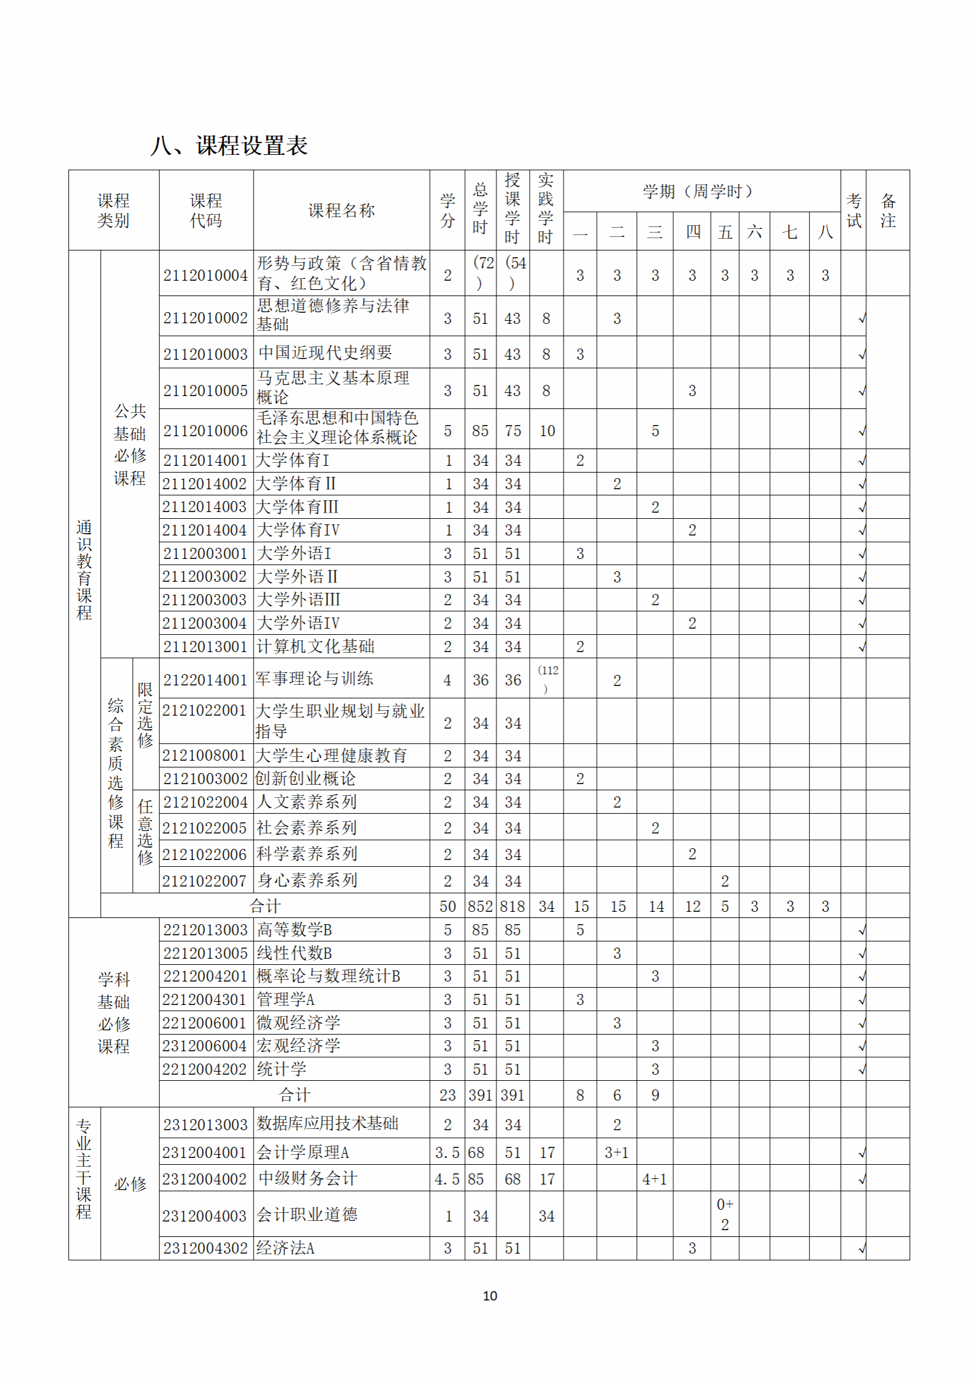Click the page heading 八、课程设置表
229,146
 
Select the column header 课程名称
341,210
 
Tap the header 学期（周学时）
697,191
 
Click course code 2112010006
205,431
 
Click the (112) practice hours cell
547,679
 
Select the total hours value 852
480,906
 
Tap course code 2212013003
205,930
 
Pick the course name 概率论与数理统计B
328,976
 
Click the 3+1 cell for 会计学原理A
616,1152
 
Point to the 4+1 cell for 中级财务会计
654,1179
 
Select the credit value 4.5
447,1179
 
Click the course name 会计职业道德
307,1214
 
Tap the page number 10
490,1296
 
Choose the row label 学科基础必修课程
114,1012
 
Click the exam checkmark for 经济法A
861,1249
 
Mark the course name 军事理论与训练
314,679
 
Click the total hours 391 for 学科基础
480,1095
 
